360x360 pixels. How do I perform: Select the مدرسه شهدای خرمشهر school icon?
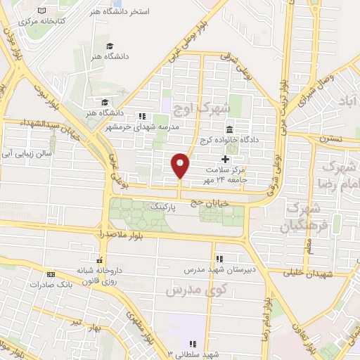point(143,116)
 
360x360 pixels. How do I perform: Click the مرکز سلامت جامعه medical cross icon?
point(225,160)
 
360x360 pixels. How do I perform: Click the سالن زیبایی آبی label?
point(31,151)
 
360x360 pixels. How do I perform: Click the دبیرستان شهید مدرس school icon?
point(221,258)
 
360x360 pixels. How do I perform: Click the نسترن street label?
point(335,139)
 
